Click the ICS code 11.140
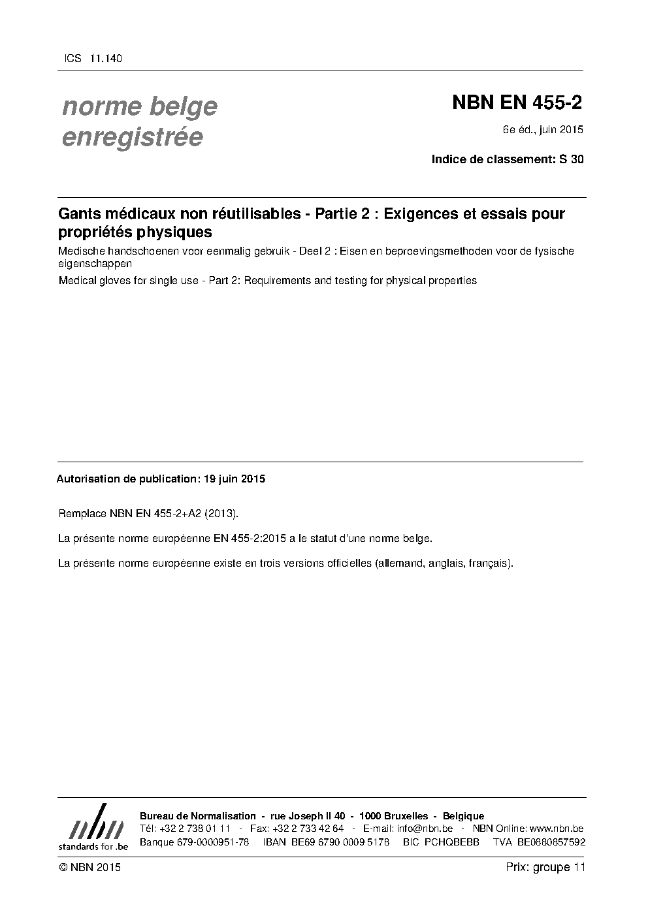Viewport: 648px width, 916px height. point(106,59)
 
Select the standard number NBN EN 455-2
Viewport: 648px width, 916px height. point(517,103)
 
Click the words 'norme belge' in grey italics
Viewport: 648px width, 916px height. point(140,106)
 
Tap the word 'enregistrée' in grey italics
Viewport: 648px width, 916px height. point(133,138)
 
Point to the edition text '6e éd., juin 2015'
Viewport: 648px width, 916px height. point(543,129)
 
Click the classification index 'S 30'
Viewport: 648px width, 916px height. point(572,159)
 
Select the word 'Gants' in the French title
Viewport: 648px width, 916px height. point(76,213)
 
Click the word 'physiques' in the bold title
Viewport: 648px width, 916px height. point(178,232)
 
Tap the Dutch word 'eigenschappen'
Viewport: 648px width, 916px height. point(95,264)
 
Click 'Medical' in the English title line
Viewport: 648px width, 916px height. point(76,281)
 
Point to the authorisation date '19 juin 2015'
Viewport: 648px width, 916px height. point(235,479)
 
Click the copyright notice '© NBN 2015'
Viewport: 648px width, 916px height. point(89,867)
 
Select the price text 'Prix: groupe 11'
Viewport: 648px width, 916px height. point(545,867)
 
